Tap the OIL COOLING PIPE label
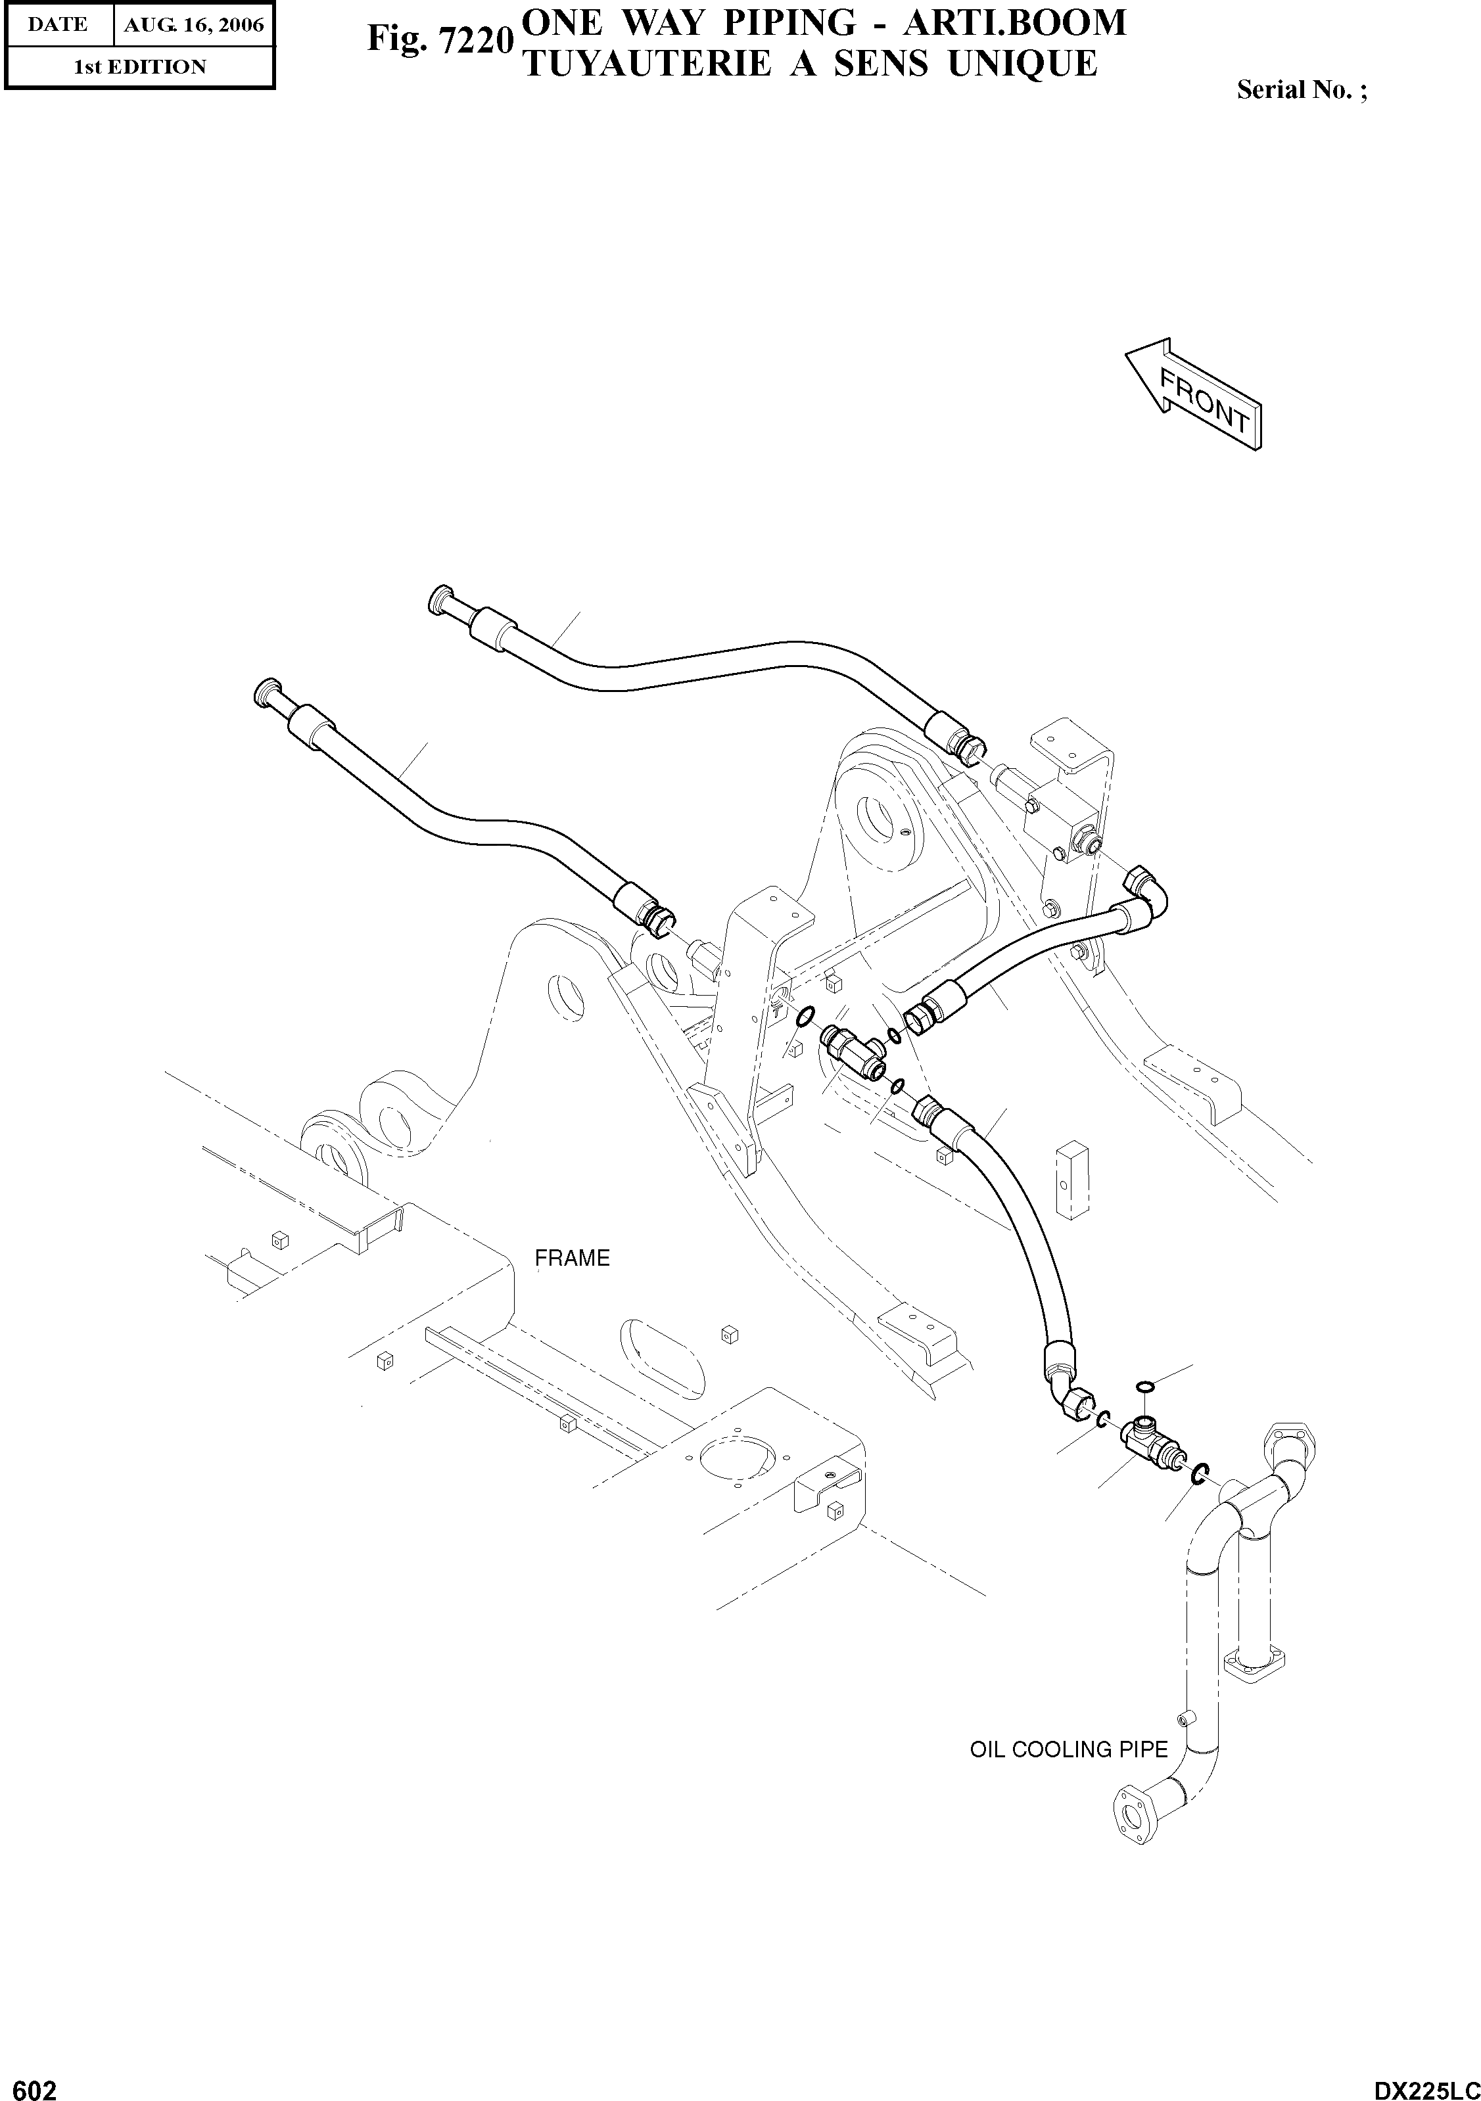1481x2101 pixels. [x=1068, y=1749]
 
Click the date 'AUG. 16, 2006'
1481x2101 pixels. [x=193, y=25]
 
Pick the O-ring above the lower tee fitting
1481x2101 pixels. [x=1143, y=1387]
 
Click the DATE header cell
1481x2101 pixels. [x=58, y=25]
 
